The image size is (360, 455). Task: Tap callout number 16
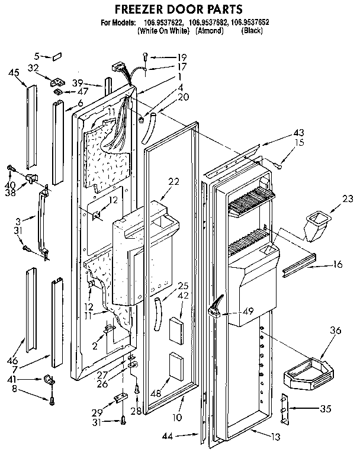click(x=337, y=265)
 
